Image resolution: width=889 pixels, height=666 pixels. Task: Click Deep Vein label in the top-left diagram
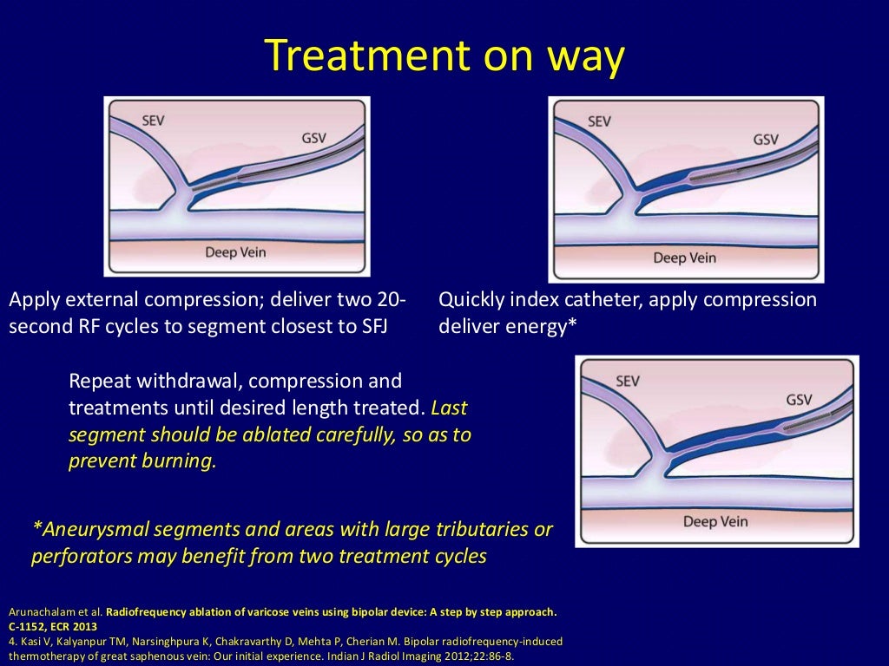pyautogui.click(x=235, y=252)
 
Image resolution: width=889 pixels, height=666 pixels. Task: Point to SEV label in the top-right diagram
pyautogui.click(x=599, y=121)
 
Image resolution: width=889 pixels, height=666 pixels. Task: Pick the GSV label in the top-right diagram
pyautogui.click(x=766, y=139)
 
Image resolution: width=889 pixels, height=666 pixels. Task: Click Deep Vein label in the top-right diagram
pyautogui.click(x=683, y=258)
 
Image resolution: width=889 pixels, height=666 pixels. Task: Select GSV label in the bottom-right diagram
pyautogui.click(x=798, y=399)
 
